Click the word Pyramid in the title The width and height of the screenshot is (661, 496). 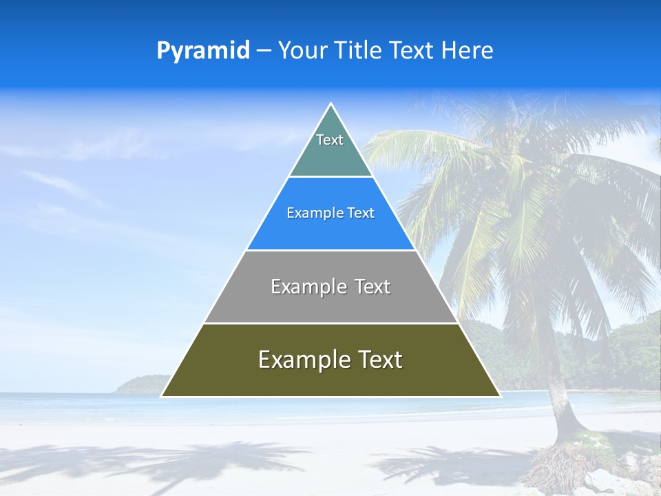click(203, 51)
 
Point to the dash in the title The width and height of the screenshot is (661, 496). click(263, 51)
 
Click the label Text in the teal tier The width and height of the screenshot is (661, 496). click(330, 140)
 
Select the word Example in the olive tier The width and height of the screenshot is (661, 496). click(303, 360)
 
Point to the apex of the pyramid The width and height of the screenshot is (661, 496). click(331, 105)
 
